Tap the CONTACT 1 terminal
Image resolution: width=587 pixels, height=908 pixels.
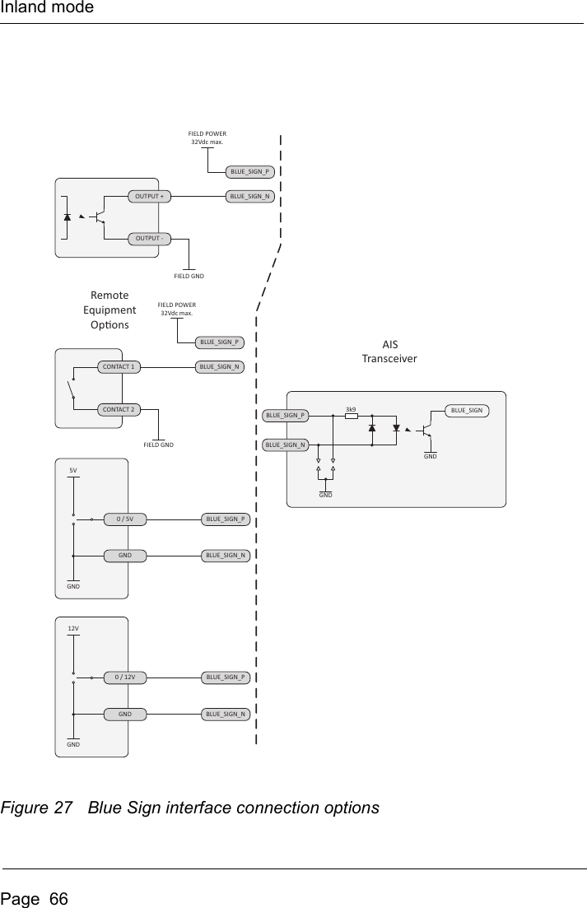point(118,366)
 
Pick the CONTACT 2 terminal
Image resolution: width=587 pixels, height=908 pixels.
point(118,409)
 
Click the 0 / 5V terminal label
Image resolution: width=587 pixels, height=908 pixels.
point(125,519)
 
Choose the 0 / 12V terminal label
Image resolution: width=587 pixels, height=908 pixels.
point(125,678)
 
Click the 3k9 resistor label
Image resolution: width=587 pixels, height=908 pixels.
point(351,408)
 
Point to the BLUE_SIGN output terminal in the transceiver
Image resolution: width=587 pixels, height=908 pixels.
point(467,410)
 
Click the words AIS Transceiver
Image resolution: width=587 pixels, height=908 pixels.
point(389,352)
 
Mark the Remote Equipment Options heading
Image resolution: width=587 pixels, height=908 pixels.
point(109,310)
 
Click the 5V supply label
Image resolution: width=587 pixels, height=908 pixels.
point(73,470)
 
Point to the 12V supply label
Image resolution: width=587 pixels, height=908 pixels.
point(73,628)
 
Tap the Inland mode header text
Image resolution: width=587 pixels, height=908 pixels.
point(47,8)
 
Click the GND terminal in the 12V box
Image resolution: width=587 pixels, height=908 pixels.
point(125,714)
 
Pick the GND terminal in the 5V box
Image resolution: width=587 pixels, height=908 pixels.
point(125,556)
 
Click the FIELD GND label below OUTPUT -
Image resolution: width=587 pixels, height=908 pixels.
point(189,275)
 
